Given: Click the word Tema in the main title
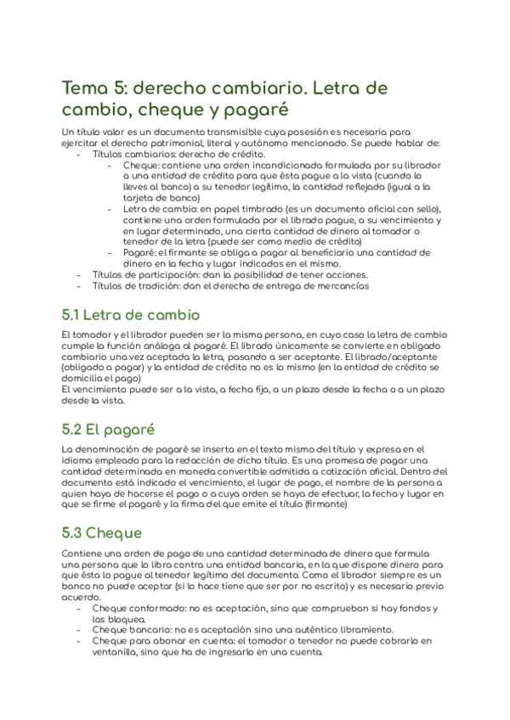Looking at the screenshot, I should [82, 88].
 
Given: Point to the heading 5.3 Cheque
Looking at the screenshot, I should [101, 532].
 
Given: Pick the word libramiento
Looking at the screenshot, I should [365, 630].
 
